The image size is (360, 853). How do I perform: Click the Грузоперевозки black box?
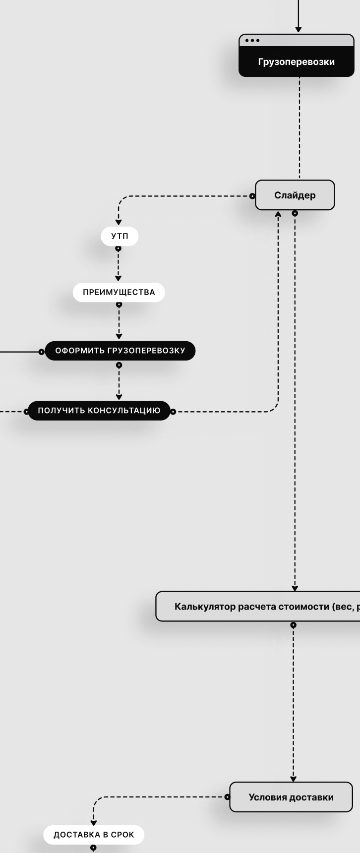pyautogui.click(x=297, y=62)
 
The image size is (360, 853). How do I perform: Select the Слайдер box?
pyautogui.click(x=295, y=195)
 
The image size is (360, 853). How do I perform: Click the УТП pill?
pyautogui.click(x=120, y=237)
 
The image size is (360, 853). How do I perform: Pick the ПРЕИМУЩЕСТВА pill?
pyautogui.click(x=119, y=292)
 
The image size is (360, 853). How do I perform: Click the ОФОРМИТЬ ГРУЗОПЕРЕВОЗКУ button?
pyautogui.click(x=120, y=351)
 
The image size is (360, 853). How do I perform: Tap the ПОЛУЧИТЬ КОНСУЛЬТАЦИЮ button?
pyautogui.click(x=99, y=411)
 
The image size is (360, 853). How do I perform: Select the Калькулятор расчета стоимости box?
pyautogui.click(x=258, y=607)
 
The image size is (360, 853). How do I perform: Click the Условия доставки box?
pyautogui.click(x=291, y=797)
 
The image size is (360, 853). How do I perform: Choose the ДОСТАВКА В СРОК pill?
pyautogui.click(x=94, y=835)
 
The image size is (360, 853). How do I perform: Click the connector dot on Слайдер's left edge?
pyautogui.click(x=252, y=196)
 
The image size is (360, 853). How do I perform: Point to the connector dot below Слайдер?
pyautogui.click(x=295, y=213)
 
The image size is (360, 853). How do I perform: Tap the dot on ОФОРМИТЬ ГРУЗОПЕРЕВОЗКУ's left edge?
pyautogui.click(x=42, y=352)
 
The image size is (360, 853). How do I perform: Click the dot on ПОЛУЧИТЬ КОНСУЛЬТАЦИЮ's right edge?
pyautogui.click(x=173, y=412)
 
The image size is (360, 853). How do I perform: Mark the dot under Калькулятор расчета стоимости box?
pyautogui.click(x=294, y=625)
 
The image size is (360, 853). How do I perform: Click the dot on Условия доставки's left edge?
pyautogui.click(x=227, y=797)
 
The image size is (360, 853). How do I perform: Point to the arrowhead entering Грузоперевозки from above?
pyautogui.click(x=298, y=29)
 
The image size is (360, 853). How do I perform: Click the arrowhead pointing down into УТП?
pyautogui.click(x=119, y=222)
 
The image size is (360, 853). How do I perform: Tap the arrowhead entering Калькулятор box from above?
pyautogui.click(x=295, y=588)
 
